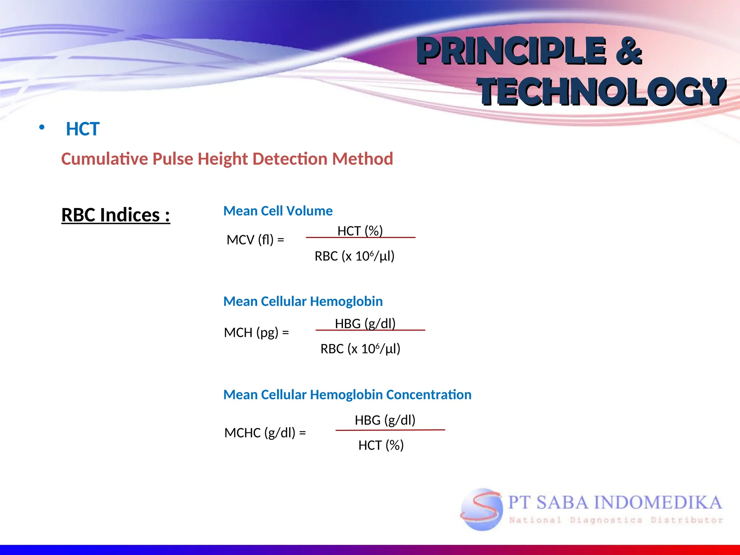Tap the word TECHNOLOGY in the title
point(602,92)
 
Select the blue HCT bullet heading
point(82,129)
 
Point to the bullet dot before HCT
point(42,127)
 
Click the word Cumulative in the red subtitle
point(104,159)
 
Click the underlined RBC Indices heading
point(116,215)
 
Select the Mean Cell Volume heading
point(278,211)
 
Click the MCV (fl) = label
point(255,240)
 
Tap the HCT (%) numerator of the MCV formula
point(360,231)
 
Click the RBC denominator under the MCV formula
point(354,256)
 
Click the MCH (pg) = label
point(256,332)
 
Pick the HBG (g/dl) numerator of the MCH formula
point(365,323)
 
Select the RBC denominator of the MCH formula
point(360,349)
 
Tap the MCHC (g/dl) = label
point(265,433)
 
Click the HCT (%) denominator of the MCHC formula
point(381,445)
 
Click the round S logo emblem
point(481,509)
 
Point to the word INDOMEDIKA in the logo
point(658,503)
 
